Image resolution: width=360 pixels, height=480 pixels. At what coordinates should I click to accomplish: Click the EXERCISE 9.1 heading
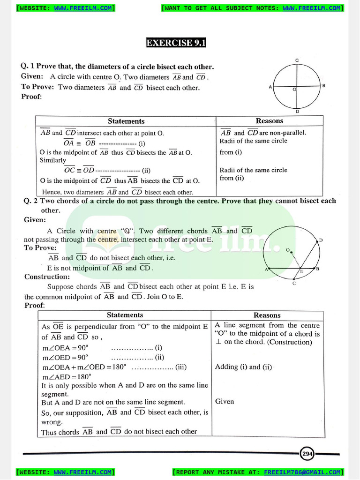pos(176,43)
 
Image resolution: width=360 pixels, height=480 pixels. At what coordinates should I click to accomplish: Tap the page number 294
pos(307,454)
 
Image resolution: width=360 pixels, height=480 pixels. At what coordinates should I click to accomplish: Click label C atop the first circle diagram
pos(297,60)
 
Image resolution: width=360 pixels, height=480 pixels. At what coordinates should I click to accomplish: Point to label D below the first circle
pos(297,112)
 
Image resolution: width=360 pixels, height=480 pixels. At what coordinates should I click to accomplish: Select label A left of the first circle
pos(270,87)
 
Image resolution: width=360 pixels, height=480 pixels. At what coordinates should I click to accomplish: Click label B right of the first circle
pos(323,86)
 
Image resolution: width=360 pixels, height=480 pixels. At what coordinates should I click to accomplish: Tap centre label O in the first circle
pos(294,89)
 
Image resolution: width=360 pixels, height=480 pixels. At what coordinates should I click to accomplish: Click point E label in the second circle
pos(301,271)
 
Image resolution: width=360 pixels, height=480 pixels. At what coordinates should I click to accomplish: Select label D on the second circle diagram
pos(321,240)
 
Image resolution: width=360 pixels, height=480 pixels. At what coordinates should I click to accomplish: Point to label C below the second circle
pos(294,283)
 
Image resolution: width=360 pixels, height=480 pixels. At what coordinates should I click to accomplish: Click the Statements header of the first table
pos(126,121)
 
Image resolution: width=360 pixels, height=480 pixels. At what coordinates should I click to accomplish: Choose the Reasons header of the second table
pos(267,315)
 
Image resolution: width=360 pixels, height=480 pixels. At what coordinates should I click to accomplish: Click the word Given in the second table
pos(225,401)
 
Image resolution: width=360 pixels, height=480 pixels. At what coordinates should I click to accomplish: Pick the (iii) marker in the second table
pos(181,367)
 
